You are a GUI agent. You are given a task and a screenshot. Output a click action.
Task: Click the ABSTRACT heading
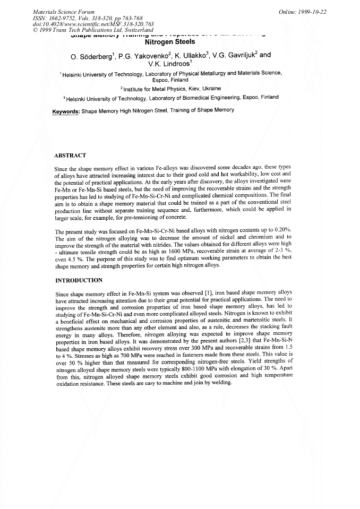[70, 156]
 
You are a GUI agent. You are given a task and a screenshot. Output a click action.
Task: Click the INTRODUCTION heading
[79, 280]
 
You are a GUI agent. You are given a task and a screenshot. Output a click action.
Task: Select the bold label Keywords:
[66, 110]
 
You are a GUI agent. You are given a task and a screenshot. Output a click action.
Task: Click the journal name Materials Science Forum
[64, 12]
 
